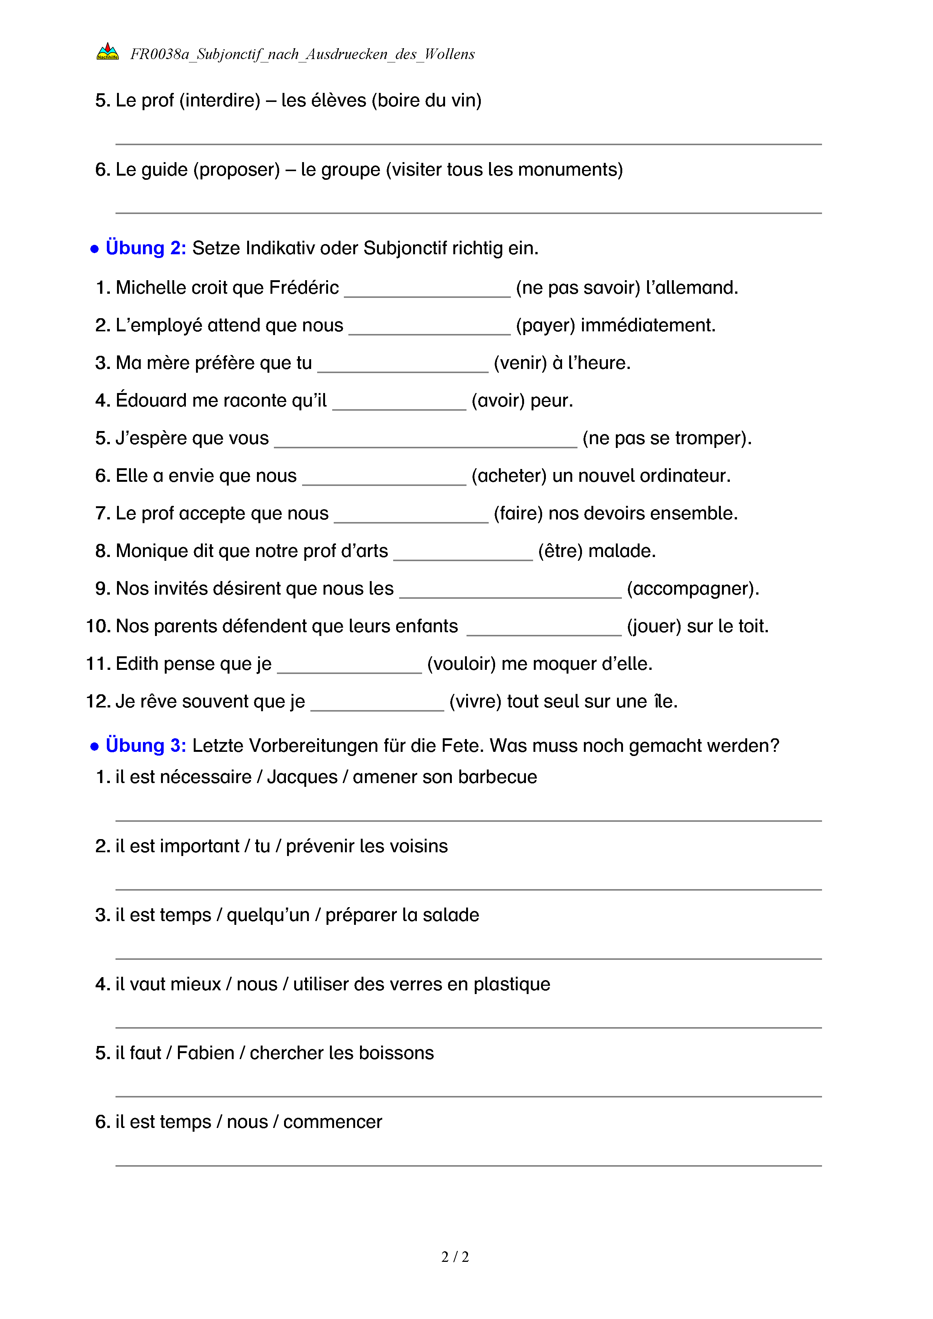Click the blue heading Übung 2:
145,248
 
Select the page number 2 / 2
455,1257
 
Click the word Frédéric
304,287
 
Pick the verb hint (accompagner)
692,589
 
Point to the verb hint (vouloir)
461,664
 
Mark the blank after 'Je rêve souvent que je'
377,705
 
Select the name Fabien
205,1053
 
